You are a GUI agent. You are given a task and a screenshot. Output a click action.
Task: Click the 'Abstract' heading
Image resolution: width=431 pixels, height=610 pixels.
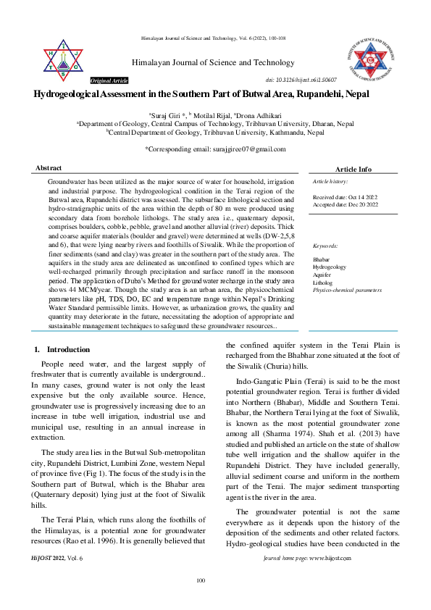pos(49,168)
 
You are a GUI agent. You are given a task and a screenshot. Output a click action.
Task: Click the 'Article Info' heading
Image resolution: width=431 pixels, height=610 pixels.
pos(353,169)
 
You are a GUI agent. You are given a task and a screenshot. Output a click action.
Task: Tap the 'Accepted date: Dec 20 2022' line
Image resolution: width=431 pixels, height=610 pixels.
pos(344,203)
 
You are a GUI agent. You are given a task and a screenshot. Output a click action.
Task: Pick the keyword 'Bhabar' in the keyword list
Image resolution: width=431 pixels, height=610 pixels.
pos(322,259)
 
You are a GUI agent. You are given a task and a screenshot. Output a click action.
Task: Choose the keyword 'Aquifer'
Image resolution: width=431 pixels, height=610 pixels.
pos(322,275)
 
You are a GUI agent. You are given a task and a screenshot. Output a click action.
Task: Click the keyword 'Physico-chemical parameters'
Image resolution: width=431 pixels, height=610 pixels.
pos(347,291)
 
